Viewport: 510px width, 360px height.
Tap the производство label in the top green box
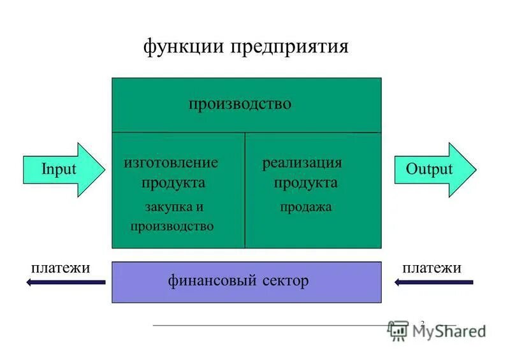click(240, 103)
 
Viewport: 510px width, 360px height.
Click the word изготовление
click(171, 162)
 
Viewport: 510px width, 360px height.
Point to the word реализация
click(302, 162)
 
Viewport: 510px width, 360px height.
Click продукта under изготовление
click(173, 183)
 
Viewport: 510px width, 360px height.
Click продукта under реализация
click(306, 183)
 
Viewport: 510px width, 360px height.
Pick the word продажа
click(306, 206)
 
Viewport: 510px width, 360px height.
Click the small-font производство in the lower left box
click(172, 226)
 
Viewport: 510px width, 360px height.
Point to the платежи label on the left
click(61, 268)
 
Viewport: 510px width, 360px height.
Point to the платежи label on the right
click(431, 268)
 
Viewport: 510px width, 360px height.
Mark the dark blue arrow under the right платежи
click(433, 282)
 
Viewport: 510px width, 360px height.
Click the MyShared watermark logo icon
click(398, 329)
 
